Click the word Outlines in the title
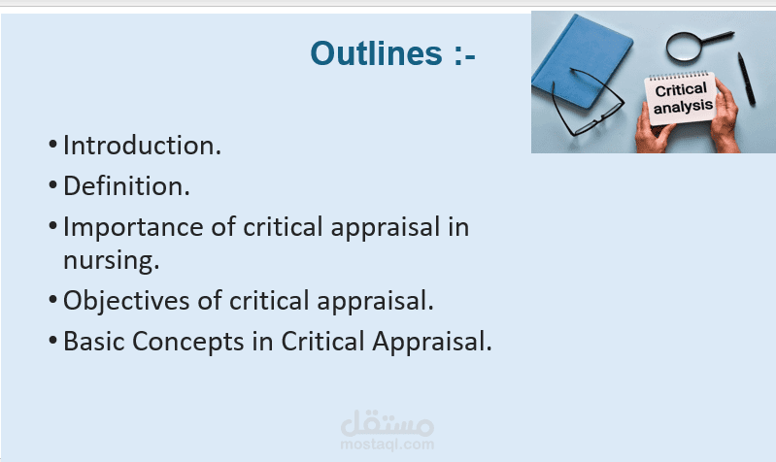(x=376, y=53)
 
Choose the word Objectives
(x=126, y=302)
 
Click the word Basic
(x=93, y=342)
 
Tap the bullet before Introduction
(x=53, y=145)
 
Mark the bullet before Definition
(x=53, y=185)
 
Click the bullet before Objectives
(x=53, y=300)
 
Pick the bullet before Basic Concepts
(x=53, y=341)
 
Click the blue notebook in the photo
(x=583, y=60)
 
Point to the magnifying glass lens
(x=684, y=47)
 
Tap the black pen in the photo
(x=746, y=80)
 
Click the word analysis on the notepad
(x=683, y=107)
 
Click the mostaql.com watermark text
(x=387, y=445)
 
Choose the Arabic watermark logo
(x=387, y=424)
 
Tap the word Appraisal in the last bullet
(x=430, y=343)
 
